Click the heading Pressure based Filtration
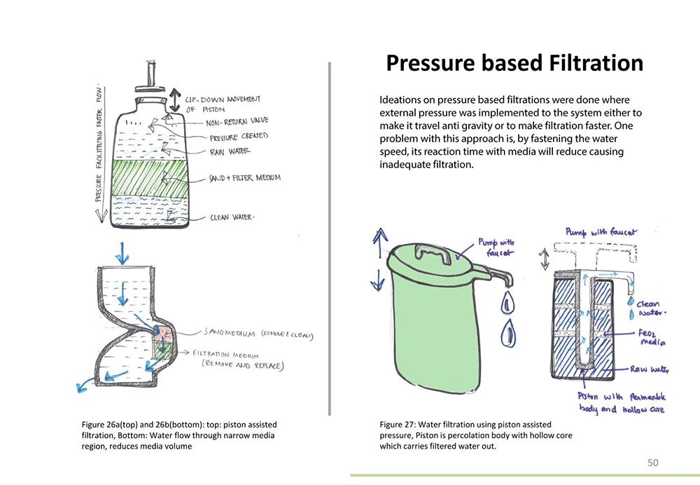tap(514, 63)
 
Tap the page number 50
tap(653, 462)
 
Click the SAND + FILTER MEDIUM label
tap(245, 178)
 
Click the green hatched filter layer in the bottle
tap(150, 178)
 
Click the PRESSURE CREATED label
tap(238, 136)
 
